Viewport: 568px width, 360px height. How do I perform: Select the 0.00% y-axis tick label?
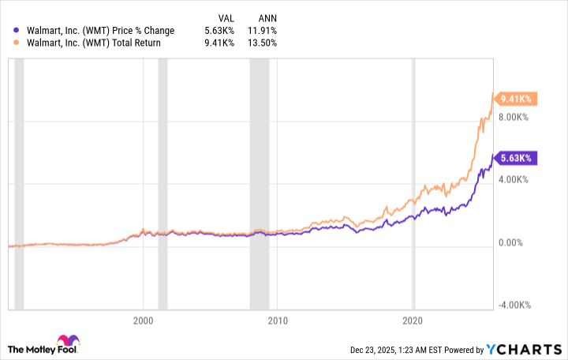tap(523, 242)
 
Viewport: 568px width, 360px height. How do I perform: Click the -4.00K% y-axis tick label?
tap(519, 305)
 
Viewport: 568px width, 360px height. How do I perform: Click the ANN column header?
tap(267, 17)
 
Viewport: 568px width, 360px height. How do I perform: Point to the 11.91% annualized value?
tap(263, 31)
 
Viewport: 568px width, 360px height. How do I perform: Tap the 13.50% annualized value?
tap(263, 43)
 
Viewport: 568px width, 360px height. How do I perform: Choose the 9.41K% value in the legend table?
tap(221, 43)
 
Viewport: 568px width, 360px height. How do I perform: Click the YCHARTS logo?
tap(524, 349)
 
